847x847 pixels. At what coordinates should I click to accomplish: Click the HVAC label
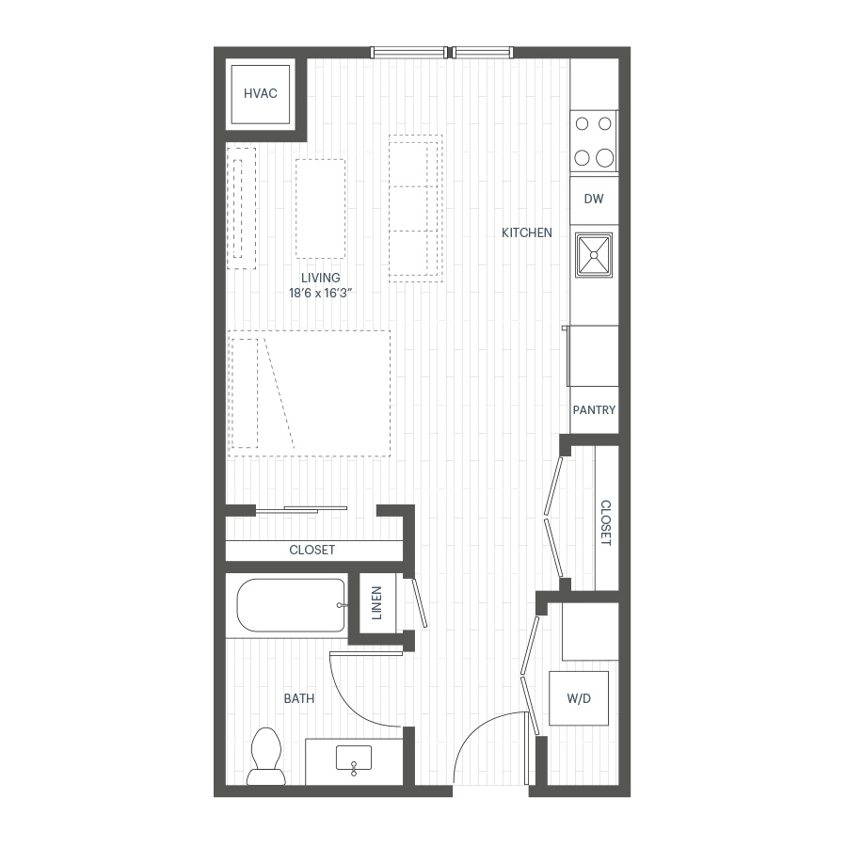point(261,93)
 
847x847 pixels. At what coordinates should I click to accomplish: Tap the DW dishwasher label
point(594,199)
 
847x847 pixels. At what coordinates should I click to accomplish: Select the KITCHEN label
point(527,232)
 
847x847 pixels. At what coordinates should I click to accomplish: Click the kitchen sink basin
point(594,255)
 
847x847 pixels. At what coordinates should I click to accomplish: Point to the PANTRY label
point(594,410)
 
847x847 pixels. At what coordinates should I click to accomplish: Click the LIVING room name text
point(321,278)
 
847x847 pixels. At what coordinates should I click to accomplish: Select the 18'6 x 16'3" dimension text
point(321,294)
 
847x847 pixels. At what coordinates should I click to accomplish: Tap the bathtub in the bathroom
point(291,605)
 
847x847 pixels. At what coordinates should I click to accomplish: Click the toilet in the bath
point(266,757)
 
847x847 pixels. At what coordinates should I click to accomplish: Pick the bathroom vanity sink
point(354,759)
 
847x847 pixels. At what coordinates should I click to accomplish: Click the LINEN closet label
point(377,603)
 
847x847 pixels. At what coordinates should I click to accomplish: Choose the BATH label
point(299,698)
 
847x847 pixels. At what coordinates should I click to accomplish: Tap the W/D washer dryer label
point(579,698)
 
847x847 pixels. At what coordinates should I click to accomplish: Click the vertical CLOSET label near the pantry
point(606,523)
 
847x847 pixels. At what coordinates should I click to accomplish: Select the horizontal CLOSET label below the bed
point(312,550)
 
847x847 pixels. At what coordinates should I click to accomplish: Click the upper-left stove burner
point(582,123)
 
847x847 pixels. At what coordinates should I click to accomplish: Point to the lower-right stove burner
point(605,158)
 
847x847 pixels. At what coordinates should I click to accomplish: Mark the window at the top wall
point(442,53)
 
